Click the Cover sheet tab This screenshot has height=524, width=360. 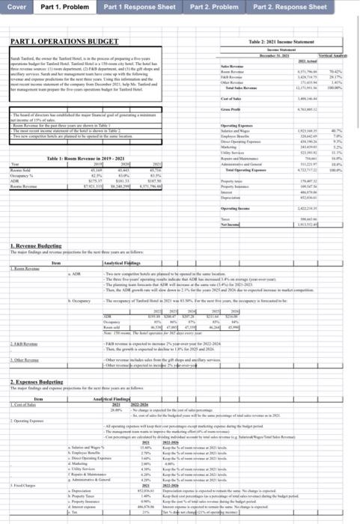point(16,7)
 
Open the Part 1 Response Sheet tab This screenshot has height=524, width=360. point(139,7)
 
